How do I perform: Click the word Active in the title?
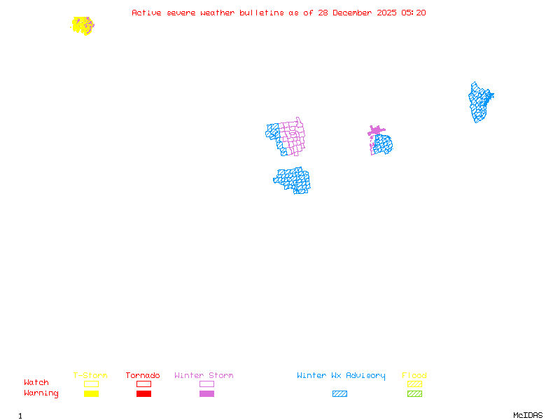(146, 13)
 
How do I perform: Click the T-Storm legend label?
(90, 376)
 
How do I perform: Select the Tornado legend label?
(143, 376)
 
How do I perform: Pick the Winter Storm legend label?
(204, 376)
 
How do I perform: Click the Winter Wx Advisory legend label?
(341, 376)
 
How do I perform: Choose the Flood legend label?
(414, 376)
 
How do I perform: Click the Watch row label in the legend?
(36, 383)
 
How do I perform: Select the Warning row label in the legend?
(41, 393)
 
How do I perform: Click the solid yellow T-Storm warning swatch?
(91, 394)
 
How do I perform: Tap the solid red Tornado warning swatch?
(143, 394)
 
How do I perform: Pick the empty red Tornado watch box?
(143, 384)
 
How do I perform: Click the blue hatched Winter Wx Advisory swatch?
(339, 394)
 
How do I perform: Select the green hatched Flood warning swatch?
(414, 394)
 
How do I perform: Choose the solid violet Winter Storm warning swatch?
(206, 394)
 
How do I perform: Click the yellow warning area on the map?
(82, 25)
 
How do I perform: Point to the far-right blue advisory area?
(479, 101)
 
